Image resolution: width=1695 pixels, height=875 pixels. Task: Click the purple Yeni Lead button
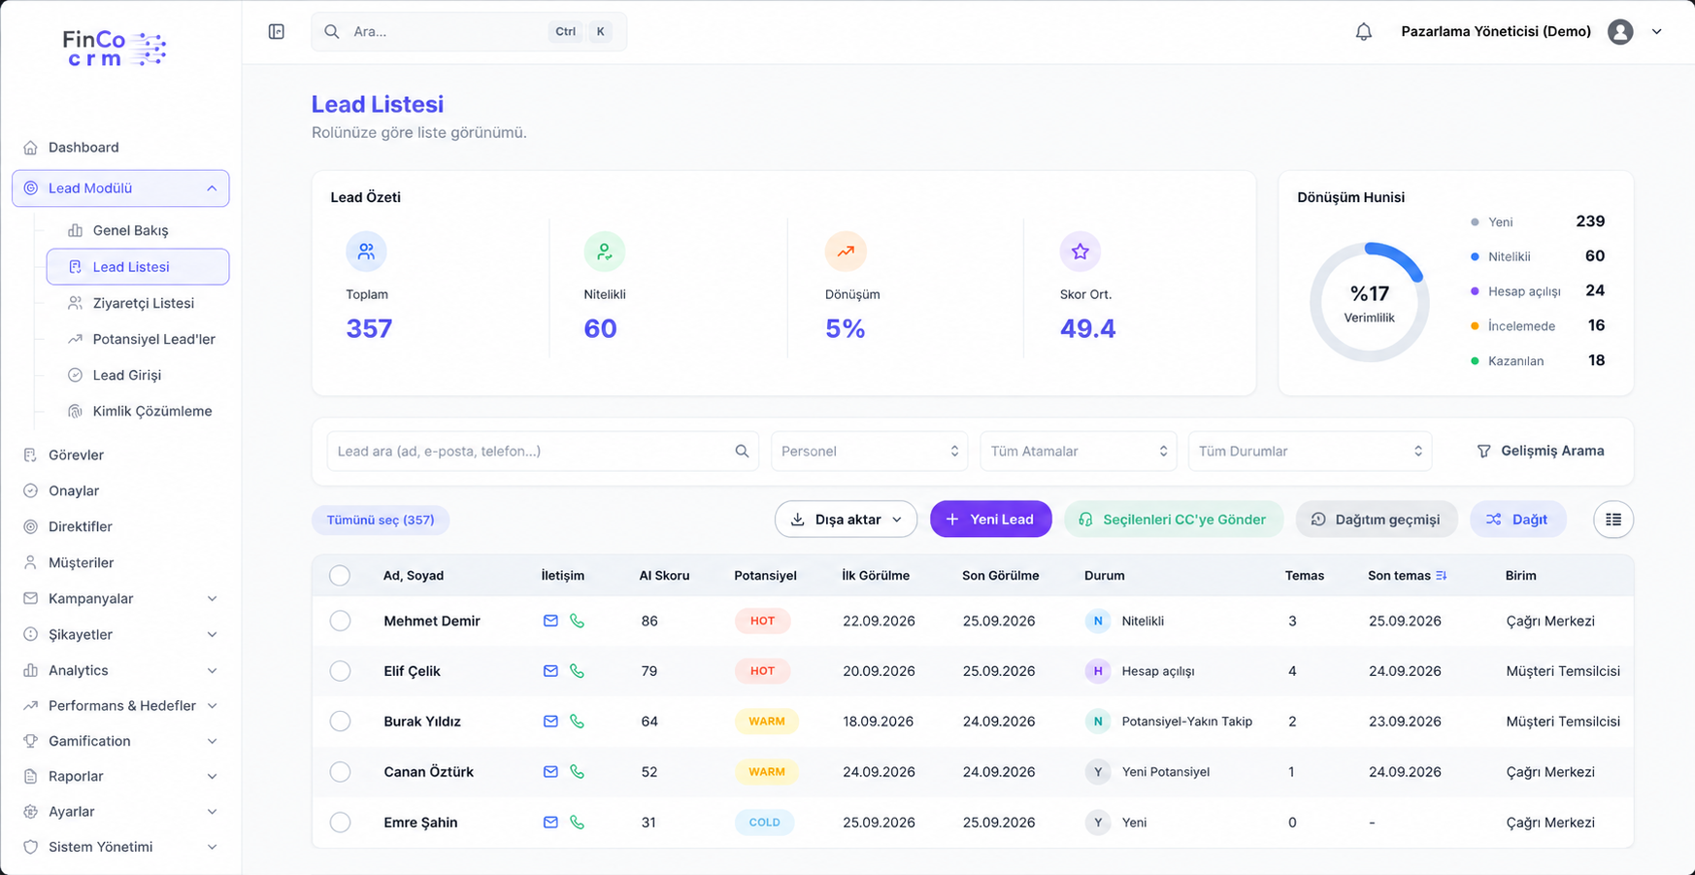990,520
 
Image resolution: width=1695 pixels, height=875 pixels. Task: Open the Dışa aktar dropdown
846,520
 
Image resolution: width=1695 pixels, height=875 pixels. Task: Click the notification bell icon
1364,32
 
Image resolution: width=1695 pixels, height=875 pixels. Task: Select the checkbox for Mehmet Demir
340,621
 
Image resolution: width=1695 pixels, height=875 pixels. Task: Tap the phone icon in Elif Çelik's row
577,671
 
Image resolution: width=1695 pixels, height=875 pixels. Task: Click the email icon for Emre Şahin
550,823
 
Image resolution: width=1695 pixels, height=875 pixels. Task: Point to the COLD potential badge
764,823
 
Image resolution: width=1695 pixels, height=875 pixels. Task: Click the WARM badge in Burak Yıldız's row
766,722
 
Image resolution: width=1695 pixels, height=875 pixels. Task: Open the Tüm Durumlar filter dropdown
1310,452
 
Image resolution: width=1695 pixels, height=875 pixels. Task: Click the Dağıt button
1516,520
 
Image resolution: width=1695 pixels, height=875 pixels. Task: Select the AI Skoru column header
664,576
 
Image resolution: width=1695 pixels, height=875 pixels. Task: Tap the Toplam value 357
369,329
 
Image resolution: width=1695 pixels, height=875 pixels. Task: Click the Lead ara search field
542,452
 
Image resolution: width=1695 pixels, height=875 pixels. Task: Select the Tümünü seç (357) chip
381,520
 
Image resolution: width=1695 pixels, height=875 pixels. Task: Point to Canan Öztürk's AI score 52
649,772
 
